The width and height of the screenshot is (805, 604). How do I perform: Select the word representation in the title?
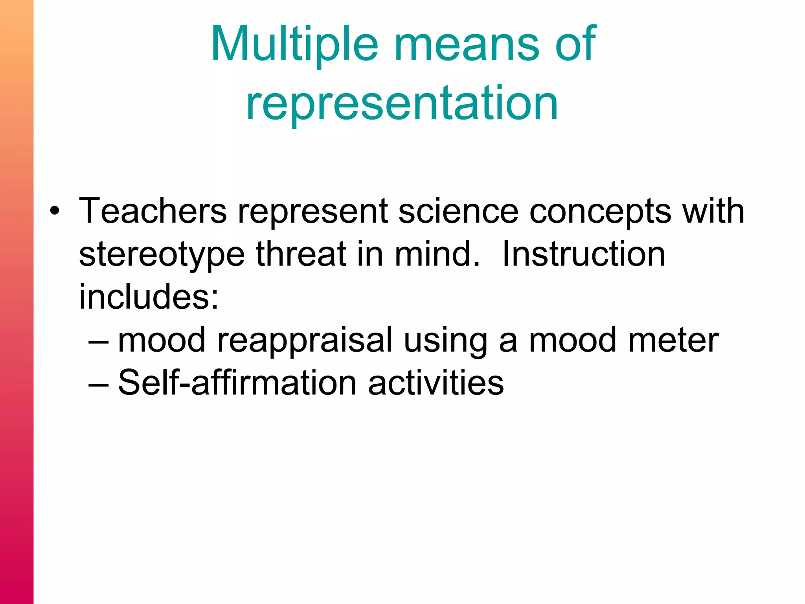point(402,103)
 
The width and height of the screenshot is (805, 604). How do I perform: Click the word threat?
point(301,254)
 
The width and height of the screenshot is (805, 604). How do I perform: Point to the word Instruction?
point(583,254)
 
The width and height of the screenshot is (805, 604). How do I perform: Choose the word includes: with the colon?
point(149,297)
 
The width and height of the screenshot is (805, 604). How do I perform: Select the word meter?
point(673,340)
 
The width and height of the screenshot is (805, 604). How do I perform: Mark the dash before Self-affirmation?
point(99,383)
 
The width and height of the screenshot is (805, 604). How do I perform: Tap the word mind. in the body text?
point(437,254)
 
